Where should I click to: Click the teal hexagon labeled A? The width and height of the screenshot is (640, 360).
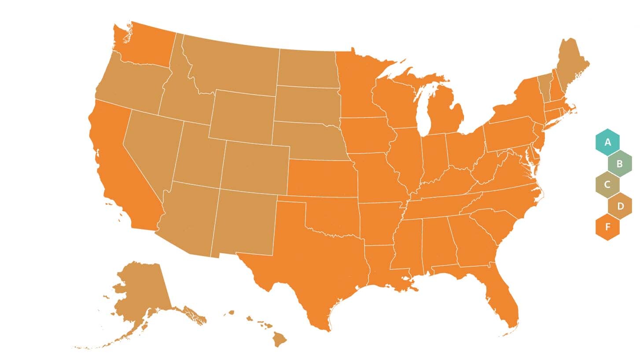pos(607,142)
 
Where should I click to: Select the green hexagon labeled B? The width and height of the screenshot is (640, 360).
pos(619,164)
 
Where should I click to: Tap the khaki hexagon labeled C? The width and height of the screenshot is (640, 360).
pos(607,185)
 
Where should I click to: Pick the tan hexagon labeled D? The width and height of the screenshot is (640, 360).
pos(620,206)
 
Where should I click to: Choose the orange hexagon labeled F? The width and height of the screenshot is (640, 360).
pos(607,227)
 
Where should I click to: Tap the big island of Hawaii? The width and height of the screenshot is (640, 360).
pos(279,339)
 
